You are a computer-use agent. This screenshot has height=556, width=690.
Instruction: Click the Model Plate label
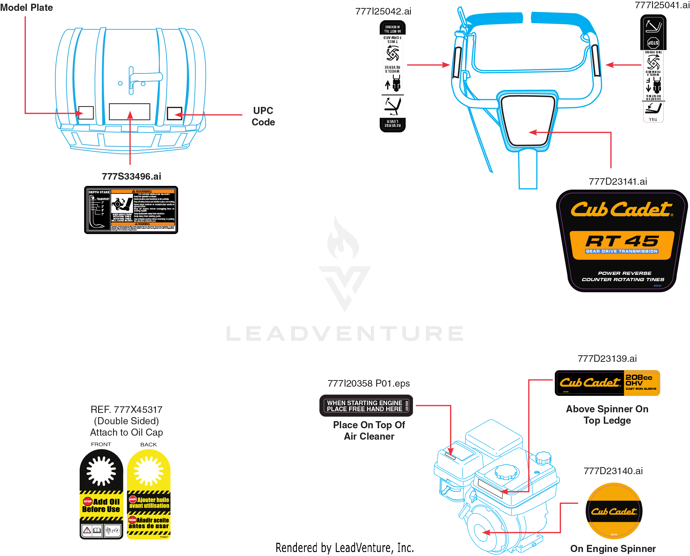tap(26, 7)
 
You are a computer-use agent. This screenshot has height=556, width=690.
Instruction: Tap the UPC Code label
tap(263, 116)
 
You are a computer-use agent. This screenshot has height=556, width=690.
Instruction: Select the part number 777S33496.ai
tap(131, 176)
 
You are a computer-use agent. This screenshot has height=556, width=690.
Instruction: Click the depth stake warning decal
tap(131, 210)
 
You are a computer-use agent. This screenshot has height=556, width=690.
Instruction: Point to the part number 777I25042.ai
tap(383, 11)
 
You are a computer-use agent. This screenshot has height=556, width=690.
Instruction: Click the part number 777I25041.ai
tap(662, 5)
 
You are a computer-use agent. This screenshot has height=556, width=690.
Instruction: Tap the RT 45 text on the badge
tap(622, 241)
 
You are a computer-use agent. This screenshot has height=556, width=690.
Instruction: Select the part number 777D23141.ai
tap(617, 182)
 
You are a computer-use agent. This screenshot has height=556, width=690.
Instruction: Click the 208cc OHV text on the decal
tap(638, 380)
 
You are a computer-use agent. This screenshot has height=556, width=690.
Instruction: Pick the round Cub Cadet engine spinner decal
tap(613, 511)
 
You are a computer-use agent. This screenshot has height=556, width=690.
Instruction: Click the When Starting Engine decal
tap(366, 406)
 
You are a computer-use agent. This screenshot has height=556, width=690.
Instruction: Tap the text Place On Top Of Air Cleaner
tap(369, 431)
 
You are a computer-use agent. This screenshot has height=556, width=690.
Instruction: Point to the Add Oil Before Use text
tap(101, 506)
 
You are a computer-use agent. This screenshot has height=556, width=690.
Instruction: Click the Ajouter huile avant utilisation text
tap(149, 502)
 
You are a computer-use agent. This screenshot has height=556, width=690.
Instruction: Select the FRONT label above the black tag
tap(101, 444)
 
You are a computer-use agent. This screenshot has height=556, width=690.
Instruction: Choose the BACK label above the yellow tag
tap(148, 445)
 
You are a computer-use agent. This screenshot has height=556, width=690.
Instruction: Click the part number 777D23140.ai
tap(613, 471)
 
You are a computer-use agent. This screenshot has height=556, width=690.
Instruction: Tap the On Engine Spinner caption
tap(613, 549)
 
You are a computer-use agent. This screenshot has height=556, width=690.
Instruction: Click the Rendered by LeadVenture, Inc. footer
tap(345, 548)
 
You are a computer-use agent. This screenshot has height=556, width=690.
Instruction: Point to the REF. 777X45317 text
tap(126, 410)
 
